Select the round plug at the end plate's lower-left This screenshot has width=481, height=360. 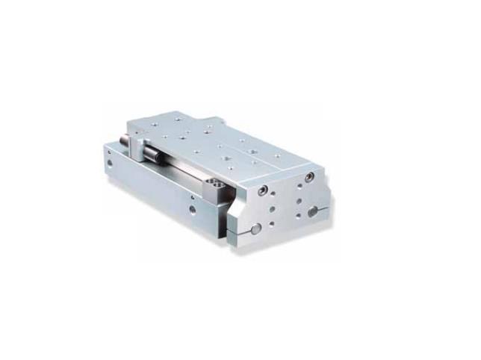tap(257, 228)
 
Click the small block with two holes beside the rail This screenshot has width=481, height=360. tap(217, 184)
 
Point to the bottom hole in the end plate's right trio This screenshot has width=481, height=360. tap(300, 214)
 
